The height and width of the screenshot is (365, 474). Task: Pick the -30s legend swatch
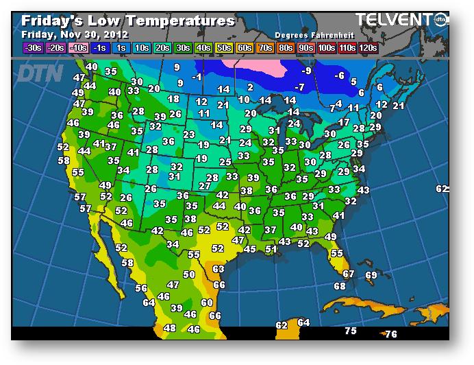[x=32, y=47]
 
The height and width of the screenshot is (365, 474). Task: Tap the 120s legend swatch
[x=368, y=47]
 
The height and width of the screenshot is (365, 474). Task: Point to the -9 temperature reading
[x=307, y=71]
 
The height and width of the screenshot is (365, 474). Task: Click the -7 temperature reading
[x=299, y=87]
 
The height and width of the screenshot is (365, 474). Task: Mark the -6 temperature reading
[x=339, y=75]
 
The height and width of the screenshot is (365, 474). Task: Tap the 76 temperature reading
[x=390, y=334]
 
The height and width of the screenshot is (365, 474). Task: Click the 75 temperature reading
[x=351, y=331]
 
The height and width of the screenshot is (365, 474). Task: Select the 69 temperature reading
[x=371, y=275]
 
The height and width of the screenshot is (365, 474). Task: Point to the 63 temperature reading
[x=219, y=269]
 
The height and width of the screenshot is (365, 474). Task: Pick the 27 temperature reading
[x=205, y=185]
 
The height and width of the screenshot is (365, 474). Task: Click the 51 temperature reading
[x=271, y=249]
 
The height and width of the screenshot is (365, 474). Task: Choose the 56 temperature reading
[x=141, y=288]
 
